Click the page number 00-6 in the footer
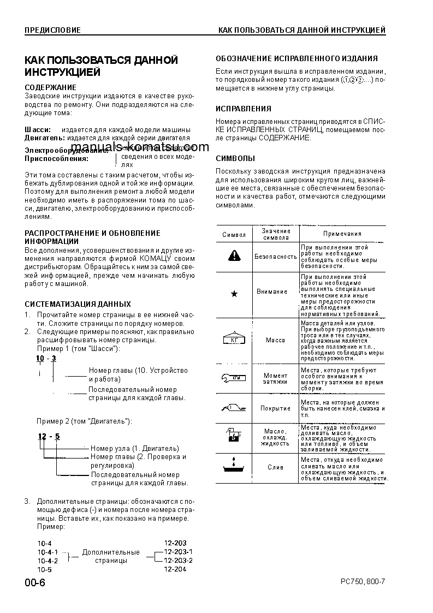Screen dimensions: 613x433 coord(35,582)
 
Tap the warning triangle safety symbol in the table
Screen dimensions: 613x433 coord(234,255)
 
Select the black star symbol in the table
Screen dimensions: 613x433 coord(234,294)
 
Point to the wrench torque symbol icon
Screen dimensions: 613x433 coord(234,378)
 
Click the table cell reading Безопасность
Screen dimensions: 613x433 coord(275,256)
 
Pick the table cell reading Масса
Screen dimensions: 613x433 coord(275,340)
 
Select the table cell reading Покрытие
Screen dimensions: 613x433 coord(275,408)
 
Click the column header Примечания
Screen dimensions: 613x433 coord(342,234)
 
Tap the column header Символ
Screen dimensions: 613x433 coord(234,234)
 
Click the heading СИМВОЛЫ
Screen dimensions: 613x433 coord(235,159)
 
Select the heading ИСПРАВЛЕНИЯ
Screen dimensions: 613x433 coord(243,109)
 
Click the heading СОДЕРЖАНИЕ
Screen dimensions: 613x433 coord(51,87)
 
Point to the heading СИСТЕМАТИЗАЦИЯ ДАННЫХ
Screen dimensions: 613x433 coord(78,303)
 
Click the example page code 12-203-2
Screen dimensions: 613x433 coord(178,560)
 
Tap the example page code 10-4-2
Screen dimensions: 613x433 coord(48,561)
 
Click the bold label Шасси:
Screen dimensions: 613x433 coord(38,129)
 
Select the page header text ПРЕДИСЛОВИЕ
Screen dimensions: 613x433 coord(52,30)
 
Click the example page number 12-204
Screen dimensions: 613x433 coord(175,569)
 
